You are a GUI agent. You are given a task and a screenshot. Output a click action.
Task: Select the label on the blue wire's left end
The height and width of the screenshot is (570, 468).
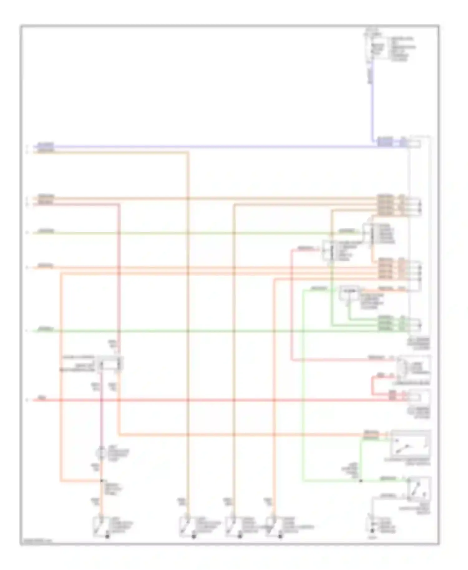click(46, 145)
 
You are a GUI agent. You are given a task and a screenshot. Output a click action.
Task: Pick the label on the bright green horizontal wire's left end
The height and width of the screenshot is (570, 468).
click(46, 329)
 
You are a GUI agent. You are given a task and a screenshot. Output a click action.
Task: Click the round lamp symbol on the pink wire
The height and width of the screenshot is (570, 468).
click(101, 452)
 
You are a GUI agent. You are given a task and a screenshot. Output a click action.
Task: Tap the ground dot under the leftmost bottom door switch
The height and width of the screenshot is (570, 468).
click(108, 536)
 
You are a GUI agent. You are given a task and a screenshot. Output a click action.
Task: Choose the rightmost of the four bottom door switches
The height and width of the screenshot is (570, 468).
click(274, 527)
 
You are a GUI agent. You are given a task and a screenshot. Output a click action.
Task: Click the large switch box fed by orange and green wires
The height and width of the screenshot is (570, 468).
click(411, 443)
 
